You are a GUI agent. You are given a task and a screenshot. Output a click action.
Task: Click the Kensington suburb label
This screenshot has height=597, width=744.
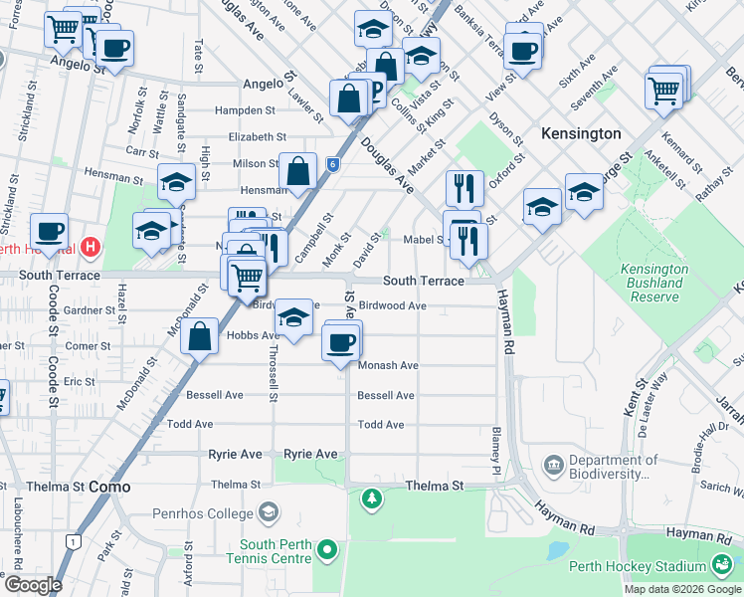click(581, 133)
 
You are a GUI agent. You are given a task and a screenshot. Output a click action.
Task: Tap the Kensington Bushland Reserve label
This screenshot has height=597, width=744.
click(653, 283)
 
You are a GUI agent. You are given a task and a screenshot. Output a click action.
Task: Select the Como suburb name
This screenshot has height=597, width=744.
click(109, 487)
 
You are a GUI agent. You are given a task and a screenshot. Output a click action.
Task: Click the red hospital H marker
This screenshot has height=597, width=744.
click(91, 246)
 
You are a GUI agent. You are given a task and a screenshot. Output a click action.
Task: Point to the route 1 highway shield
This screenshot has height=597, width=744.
click(73, 541)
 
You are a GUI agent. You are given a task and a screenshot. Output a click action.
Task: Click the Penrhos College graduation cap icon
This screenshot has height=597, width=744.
click(267, 512)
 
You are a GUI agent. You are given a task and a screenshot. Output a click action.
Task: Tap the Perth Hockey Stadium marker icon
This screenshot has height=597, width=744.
click(722, 566)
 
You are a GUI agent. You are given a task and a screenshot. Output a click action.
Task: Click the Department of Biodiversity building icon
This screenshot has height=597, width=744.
click(553, 465)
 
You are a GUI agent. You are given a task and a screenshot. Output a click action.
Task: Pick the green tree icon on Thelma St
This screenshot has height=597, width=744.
click(371, 497)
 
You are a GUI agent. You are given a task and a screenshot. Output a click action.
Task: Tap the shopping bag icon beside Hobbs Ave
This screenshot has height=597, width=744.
click(200, 335)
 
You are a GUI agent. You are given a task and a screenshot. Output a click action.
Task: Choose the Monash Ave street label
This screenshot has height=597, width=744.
click(388, 365)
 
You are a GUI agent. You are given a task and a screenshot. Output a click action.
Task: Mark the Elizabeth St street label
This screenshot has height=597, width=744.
click(257, 137)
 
